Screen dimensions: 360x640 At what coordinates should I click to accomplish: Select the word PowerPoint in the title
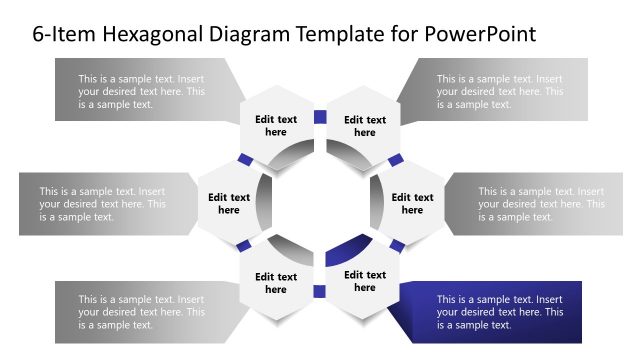tap(481, 34)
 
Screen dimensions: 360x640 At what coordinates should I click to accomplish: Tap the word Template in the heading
tap(341, 34)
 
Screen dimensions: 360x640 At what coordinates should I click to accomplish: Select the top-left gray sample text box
tap(142, 91)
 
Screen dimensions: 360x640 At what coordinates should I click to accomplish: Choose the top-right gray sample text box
tap(499, 91)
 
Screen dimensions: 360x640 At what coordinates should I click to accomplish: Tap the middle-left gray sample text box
tap(102, 204)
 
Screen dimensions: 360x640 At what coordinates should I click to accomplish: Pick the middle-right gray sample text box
tap(540, 204)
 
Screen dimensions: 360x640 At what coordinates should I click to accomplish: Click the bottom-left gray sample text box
tap(142, 312)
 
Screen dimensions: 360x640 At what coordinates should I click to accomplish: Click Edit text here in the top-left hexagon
tap(276, 126)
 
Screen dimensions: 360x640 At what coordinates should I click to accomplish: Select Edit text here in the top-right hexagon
tap(365, 126)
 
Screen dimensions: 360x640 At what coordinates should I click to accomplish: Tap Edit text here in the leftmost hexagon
tap(229, 204)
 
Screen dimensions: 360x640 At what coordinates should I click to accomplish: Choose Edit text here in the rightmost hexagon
tap(412, 204)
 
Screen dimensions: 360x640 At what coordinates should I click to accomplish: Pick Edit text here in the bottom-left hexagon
tap(276, 283)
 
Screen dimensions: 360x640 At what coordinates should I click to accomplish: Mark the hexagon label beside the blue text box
tap(365, 281)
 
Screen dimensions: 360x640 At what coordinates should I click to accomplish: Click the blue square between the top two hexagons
tap(320, 117)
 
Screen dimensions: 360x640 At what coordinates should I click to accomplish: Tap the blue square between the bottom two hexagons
tap(320, 291)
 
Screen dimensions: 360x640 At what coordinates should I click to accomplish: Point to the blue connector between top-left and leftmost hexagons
tap(244, 160)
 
